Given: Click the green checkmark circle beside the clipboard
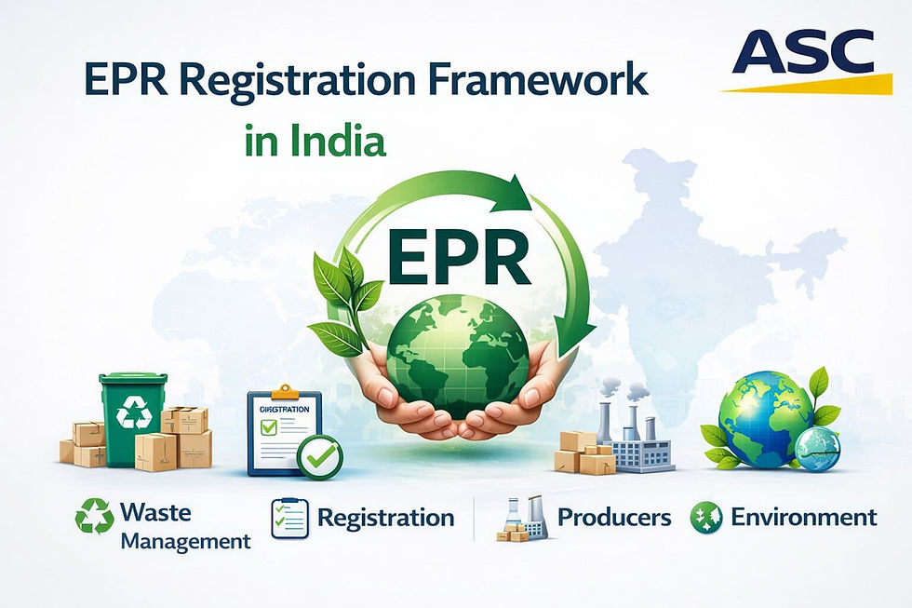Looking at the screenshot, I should coord(319,457).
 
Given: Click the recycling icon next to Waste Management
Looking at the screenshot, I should coord(94,517).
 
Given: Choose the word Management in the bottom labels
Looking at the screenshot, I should coord(186,541).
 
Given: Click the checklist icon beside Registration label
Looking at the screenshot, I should coord(289,519).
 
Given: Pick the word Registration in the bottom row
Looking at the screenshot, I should coord(385,518).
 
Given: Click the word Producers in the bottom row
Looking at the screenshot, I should coord(614,518).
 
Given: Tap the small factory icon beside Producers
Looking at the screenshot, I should coord(523,518).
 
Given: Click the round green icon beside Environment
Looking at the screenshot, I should coord(706,518).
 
